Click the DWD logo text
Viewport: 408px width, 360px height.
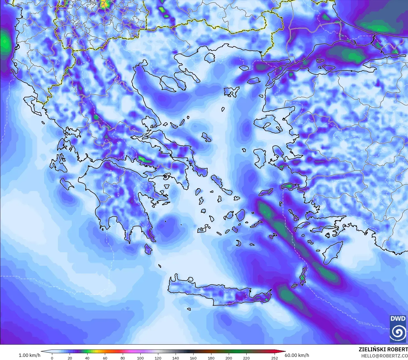(398, 319)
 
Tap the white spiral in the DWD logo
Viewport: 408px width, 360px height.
(398, 332)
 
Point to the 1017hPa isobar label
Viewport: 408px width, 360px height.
(44, 283)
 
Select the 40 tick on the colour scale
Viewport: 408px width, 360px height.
(87, 358)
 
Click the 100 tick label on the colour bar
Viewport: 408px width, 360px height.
(140, 358)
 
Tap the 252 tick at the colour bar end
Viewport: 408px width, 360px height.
(274, 358)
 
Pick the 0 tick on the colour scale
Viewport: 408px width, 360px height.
(52, 358)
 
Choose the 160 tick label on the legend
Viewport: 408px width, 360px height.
(193, 358)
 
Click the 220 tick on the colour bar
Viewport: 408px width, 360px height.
(246, 358)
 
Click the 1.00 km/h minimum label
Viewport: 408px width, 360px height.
(29, 355)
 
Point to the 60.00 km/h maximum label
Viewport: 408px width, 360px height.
(297, 355)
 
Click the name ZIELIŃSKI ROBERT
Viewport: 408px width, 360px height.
(383, 349)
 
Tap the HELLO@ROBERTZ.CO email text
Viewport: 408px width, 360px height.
(384, 356)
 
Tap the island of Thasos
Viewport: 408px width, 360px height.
(209, 58)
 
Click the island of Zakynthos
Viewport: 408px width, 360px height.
(67, 183)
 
